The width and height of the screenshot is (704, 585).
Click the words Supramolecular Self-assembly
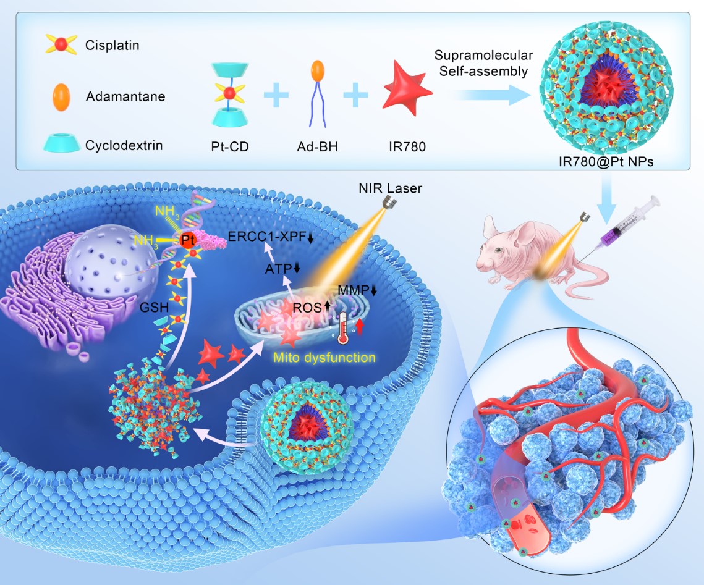pos(483,64)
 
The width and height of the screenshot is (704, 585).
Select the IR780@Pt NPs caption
pos(597,162)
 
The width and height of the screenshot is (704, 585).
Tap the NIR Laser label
pos(382,187)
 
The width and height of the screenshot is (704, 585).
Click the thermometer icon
pos(342,327)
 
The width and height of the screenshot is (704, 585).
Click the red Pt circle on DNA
pos(188,238)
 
